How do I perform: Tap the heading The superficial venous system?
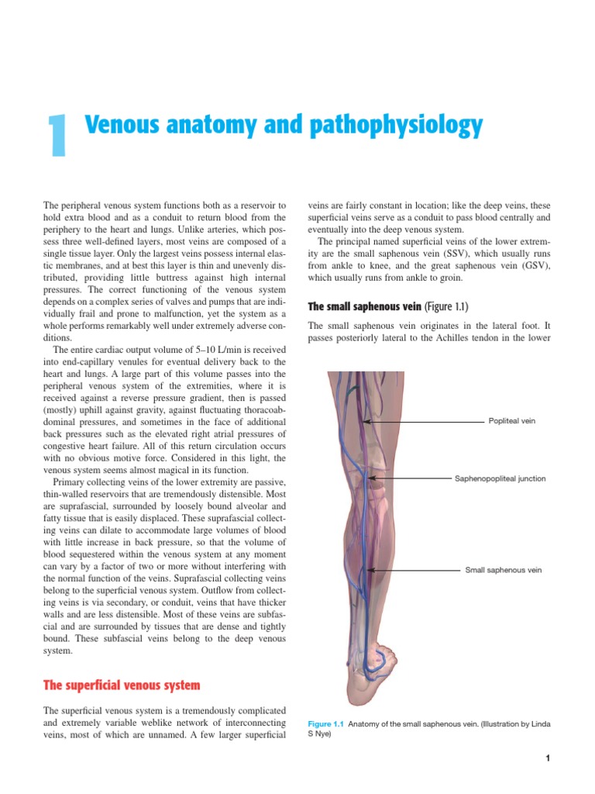[122, 685]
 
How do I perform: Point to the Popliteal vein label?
[511, 421]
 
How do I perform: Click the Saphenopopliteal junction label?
[500, 478]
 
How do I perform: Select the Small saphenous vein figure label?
[503, 570]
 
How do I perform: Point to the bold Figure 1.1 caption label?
[325, 723]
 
